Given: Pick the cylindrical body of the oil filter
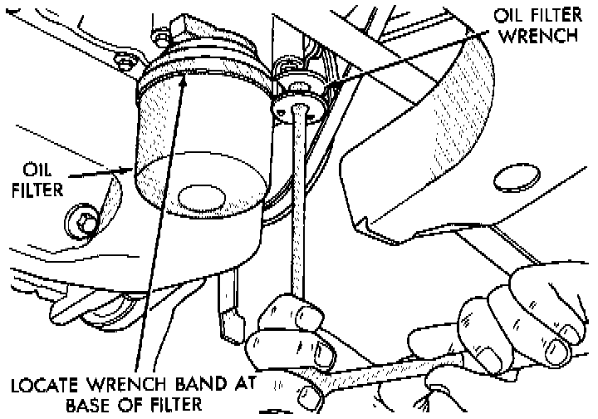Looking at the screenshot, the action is coord(199,141).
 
